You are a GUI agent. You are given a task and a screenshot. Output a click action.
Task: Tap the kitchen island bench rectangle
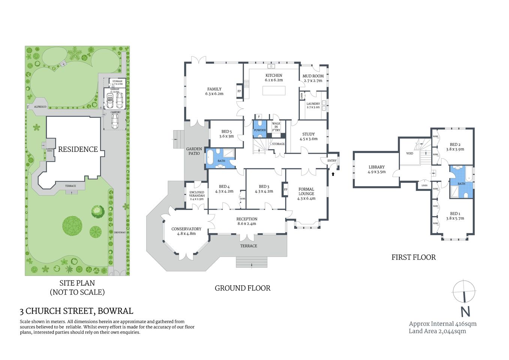click(274, 91)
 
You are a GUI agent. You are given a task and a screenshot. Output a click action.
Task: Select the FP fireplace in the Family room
click(239, 91)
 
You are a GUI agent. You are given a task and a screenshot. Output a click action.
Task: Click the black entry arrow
click(333, 174)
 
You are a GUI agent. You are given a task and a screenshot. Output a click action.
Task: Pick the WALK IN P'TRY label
click(276, 127)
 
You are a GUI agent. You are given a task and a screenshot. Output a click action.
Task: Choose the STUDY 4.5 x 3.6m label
click(308, 136)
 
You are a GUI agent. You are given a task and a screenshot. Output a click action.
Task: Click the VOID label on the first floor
click(410, 153)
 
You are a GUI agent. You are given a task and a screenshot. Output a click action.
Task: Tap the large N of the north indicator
click(465, 312)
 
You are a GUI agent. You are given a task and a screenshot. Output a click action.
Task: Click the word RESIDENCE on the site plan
click(78, 149)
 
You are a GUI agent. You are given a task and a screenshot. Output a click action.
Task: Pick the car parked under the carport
click(115, 121)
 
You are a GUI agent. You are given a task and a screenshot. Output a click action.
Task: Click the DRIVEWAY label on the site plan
click(120, 232)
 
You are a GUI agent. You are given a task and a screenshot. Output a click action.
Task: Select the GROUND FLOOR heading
click(243, 288)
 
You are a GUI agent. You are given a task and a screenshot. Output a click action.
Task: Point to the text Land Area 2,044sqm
click(437, 331)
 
